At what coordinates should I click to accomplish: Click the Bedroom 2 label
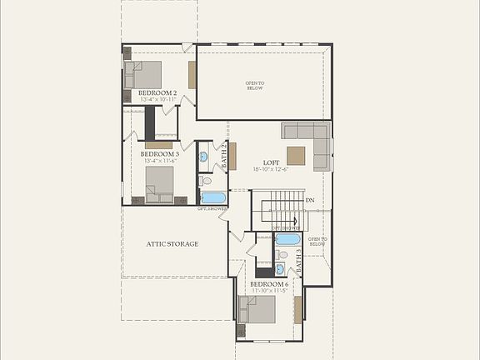tap(157, 92)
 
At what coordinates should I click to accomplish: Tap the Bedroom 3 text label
tap(159, 154)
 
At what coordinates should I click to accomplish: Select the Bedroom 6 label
tap(269, 284)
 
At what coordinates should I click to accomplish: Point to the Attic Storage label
tap(172, 243)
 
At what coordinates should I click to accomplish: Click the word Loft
tap(271, 162)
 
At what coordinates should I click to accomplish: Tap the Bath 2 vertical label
tap(223, 157)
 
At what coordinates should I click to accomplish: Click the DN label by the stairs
tap(309, 200)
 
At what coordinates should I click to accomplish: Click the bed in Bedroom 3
tap(159, 182)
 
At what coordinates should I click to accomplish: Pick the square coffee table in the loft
tap(296, 156)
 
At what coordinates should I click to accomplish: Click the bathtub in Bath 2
tap(213, 198)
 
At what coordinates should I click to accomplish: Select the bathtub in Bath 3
tap(287, 239)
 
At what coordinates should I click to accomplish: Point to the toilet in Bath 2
tap(205, 180)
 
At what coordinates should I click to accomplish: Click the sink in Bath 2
tap(203, 157)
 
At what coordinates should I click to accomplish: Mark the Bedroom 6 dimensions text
tap(269, 291)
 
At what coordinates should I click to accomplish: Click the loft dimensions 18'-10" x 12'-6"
tap(270, 169)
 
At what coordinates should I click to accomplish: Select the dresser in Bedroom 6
tap(297, 309)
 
